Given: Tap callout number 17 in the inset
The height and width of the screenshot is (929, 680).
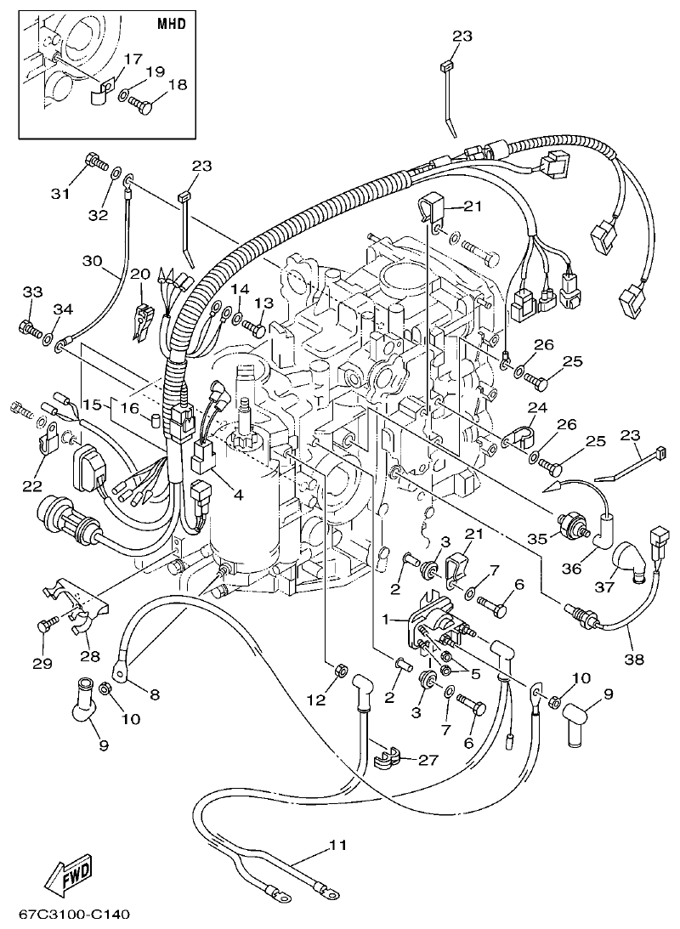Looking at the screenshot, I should pyautogui.click(x=133, y=59).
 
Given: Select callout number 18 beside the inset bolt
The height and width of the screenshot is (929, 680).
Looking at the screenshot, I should pyautogui.click(x=177, y=84).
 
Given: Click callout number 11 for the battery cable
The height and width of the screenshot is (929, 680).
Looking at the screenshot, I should pyautogui.click(x=338, y=847).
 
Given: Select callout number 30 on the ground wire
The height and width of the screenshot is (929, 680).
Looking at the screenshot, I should pyautogui.click(x=92, y=260).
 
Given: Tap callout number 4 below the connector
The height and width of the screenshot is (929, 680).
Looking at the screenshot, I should pyautogui.click(x=238, y=495).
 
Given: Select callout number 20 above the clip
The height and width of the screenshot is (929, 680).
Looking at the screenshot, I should pyautogui.click(x=140, y=274).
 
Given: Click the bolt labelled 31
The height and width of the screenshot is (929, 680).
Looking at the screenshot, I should pyautogui.click(x=93, y=161).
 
